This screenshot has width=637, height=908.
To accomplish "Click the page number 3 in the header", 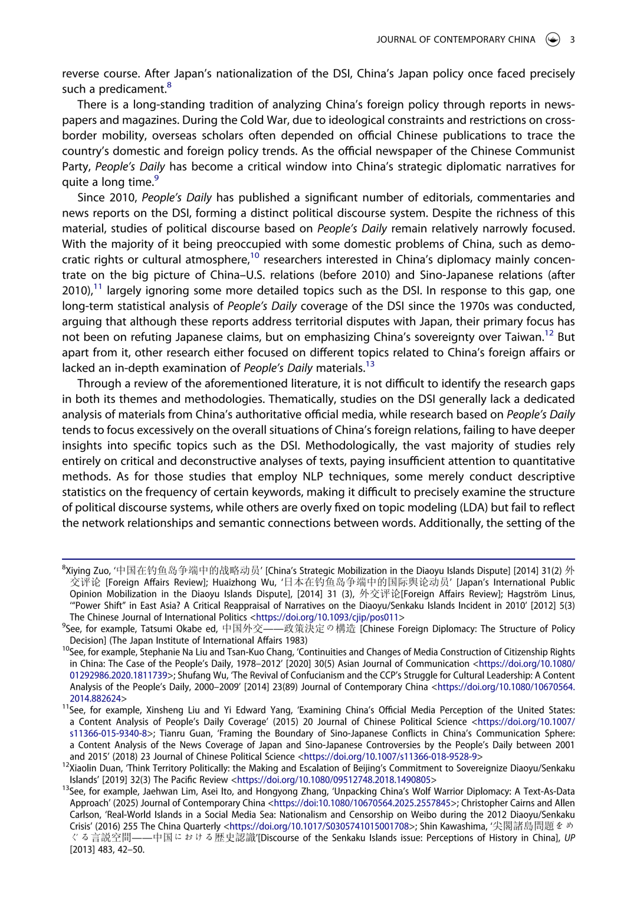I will (x=572, y=40).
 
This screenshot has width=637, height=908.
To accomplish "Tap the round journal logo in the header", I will (x=553, y=40).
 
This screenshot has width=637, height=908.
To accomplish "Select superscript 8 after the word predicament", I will (x=169, y=86).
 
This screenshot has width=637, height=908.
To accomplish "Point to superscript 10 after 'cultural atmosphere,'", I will (x=255, y=256).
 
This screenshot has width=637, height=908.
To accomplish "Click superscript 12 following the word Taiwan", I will (x=549, y=333).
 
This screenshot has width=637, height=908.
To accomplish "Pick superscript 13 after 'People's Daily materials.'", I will (x=370, y=365).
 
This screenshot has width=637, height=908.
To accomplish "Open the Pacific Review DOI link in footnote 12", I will (x=333, y=780).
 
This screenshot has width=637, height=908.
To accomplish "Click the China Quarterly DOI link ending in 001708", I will (x=319, y=827).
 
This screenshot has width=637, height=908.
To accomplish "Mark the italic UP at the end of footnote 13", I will (x=569, y=838).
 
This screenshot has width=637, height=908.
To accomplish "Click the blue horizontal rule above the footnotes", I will (x=318, y=559).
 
